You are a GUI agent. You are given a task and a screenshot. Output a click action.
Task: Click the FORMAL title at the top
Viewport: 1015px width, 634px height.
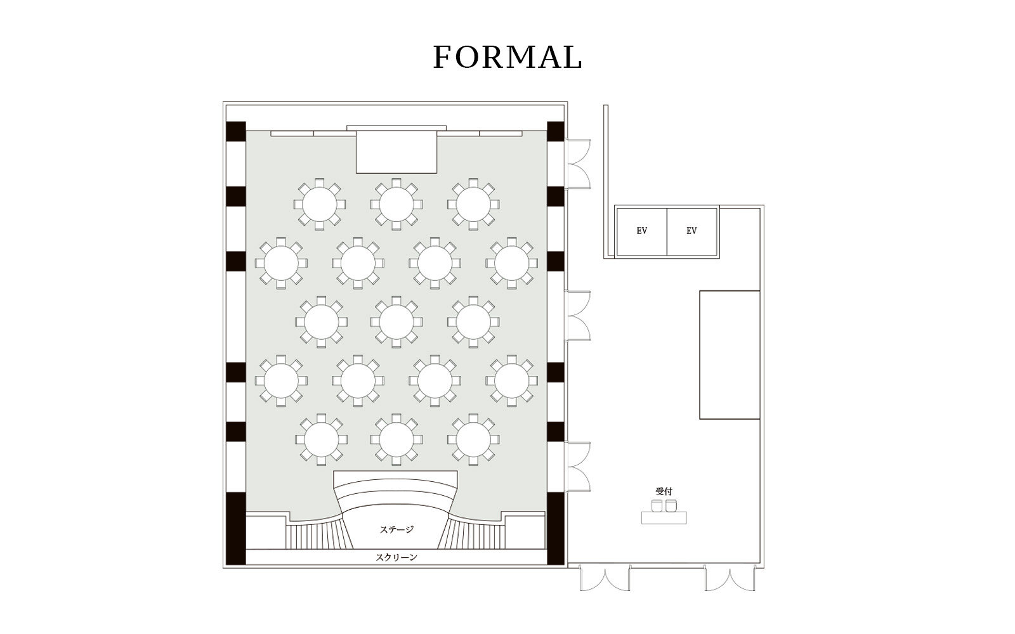(x=507, y=57)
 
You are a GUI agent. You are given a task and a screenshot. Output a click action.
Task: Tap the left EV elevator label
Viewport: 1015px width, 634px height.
(x=641, y=231)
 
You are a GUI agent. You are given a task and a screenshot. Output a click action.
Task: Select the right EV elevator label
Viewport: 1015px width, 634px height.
(x=691, y=231)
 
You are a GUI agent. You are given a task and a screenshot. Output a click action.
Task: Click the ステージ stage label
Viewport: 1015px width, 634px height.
(x=396, y=529)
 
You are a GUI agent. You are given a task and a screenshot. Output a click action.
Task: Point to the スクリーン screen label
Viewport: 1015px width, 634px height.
(x=396, y=557)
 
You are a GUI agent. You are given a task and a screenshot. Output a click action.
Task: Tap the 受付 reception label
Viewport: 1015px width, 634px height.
(x=664, y=491)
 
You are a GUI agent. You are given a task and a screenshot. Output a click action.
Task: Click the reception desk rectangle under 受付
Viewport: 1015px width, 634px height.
(x=664, y=518)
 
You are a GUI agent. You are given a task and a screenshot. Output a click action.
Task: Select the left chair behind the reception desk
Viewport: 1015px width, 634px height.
(x=657, y=506)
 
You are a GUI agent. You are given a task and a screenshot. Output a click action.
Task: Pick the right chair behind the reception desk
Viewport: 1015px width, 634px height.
(x=671, y=506)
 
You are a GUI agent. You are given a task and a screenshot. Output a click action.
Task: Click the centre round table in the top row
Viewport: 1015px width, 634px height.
(x=396, y=204)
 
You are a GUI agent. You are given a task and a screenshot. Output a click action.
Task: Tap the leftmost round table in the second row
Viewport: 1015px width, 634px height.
(x=281, y=263)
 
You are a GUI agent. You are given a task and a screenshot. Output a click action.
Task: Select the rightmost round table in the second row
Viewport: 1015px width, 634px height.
(x=511, y=263)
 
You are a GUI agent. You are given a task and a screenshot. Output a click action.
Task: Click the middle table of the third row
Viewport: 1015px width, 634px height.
(x=396, y=322)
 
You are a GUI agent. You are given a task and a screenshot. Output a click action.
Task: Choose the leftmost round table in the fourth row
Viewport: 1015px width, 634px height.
(x=281, y=381)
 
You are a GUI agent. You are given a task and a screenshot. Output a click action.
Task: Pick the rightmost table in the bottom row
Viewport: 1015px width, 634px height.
(x=473, y=440)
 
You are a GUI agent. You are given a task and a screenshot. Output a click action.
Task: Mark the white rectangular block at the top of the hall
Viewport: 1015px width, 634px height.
(x=396, y=152)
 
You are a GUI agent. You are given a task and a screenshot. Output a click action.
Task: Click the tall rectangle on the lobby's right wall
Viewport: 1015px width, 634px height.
(x=730, y=355)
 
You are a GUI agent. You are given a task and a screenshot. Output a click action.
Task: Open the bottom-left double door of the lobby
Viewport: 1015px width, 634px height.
(x=605, y=578)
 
